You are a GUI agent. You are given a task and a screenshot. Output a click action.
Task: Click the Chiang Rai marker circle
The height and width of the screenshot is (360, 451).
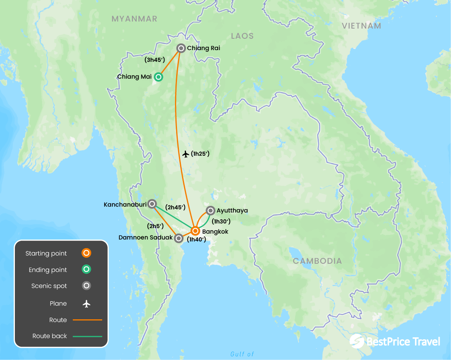pos(181,48)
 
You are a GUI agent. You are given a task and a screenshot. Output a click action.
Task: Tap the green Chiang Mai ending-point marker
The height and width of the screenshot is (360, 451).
pos(158,77)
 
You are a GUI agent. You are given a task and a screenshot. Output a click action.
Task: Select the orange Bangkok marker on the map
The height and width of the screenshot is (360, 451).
pos(195,231)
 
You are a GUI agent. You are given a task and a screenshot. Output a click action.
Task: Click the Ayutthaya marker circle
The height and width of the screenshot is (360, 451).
pos(210,211)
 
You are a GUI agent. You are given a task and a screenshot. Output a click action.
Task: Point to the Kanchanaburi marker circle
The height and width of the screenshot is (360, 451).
pos(152,204)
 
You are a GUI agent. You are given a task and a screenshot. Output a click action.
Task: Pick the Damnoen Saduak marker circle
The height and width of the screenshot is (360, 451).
pos(179,238)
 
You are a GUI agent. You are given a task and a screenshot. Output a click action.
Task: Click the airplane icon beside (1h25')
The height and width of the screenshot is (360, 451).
pos(186,154)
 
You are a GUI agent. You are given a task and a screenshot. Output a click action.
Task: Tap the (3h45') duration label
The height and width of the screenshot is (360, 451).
pos(154,60)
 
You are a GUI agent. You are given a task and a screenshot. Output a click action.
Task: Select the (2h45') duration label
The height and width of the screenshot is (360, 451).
pos(175,207)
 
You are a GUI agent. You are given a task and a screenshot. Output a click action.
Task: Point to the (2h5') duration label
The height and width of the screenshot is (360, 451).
pos(155,226)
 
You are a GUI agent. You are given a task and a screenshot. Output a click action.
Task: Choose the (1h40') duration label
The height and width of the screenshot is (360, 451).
pos(197,239)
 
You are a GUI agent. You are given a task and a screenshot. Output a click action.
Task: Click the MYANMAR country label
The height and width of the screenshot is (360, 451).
pos(134,19)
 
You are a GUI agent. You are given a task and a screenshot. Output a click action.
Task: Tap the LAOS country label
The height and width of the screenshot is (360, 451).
pos(242,36)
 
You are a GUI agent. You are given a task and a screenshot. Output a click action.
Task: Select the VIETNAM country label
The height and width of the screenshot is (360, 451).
pos(361,26)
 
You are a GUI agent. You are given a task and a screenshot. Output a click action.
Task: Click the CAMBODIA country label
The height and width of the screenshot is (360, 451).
pos(318,261)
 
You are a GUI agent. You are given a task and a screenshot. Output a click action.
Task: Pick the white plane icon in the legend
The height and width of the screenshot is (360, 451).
pos(87,304)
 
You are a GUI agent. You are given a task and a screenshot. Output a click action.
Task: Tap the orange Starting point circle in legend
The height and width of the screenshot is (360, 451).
pos(87,253)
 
